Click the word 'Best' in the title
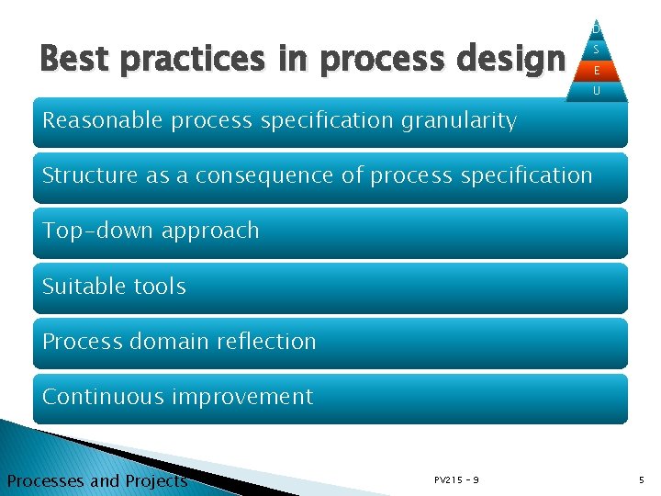coord(74,59)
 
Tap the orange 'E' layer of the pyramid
coord(597,70)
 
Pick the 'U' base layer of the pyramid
coord(597,91)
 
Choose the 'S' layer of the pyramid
coord(597,50)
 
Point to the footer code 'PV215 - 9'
coord(456,480)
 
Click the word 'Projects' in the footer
coord(152,481)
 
